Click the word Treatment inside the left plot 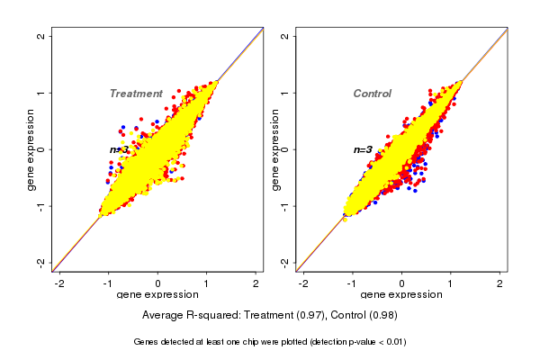(136, 94)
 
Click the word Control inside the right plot (372, 94)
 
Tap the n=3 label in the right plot (363, 149)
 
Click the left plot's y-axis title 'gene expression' (31, 149)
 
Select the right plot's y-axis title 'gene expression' (274, 149)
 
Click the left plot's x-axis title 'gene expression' (157, 295)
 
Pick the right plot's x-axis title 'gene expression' (401, 295)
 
